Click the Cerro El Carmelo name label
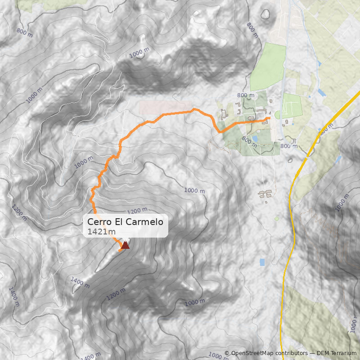point(125,222)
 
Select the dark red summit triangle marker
point(125,245)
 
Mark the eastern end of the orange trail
point(269,118)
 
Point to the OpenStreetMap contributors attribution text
point(265,353)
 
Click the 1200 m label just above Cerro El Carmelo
point(137,210)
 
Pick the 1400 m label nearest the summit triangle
point(80,282)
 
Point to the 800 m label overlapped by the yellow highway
point(325,128)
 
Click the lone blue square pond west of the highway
point(262,262)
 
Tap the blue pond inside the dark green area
point(255,139)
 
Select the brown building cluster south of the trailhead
point(265,194)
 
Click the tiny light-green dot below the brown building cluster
point(277,219)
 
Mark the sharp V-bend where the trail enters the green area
point(219,131)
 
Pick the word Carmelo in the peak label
point(146,222)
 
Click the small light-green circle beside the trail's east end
point(277,115)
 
